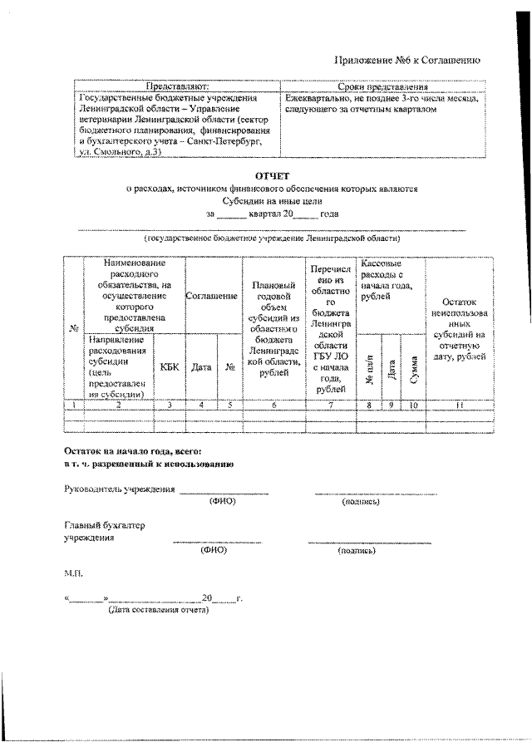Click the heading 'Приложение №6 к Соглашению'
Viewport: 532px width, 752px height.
pos(406,60)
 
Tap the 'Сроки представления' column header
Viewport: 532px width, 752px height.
pos(383,86)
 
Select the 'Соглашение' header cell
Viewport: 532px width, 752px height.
pos(212,296)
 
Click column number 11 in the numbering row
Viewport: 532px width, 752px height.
pos(459,405)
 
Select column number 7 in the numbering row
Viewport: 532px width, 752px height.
pos(331,405)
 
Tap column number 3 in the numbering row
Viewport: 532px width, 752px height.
pos(170,405)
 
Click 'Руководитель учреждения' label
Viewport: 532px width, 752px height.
pos(120,489)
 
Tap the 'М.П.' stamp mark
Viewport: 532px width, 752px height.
pos(73,573)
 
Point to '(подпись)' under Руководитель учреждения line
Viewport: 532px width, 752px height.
pos(361,502)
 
